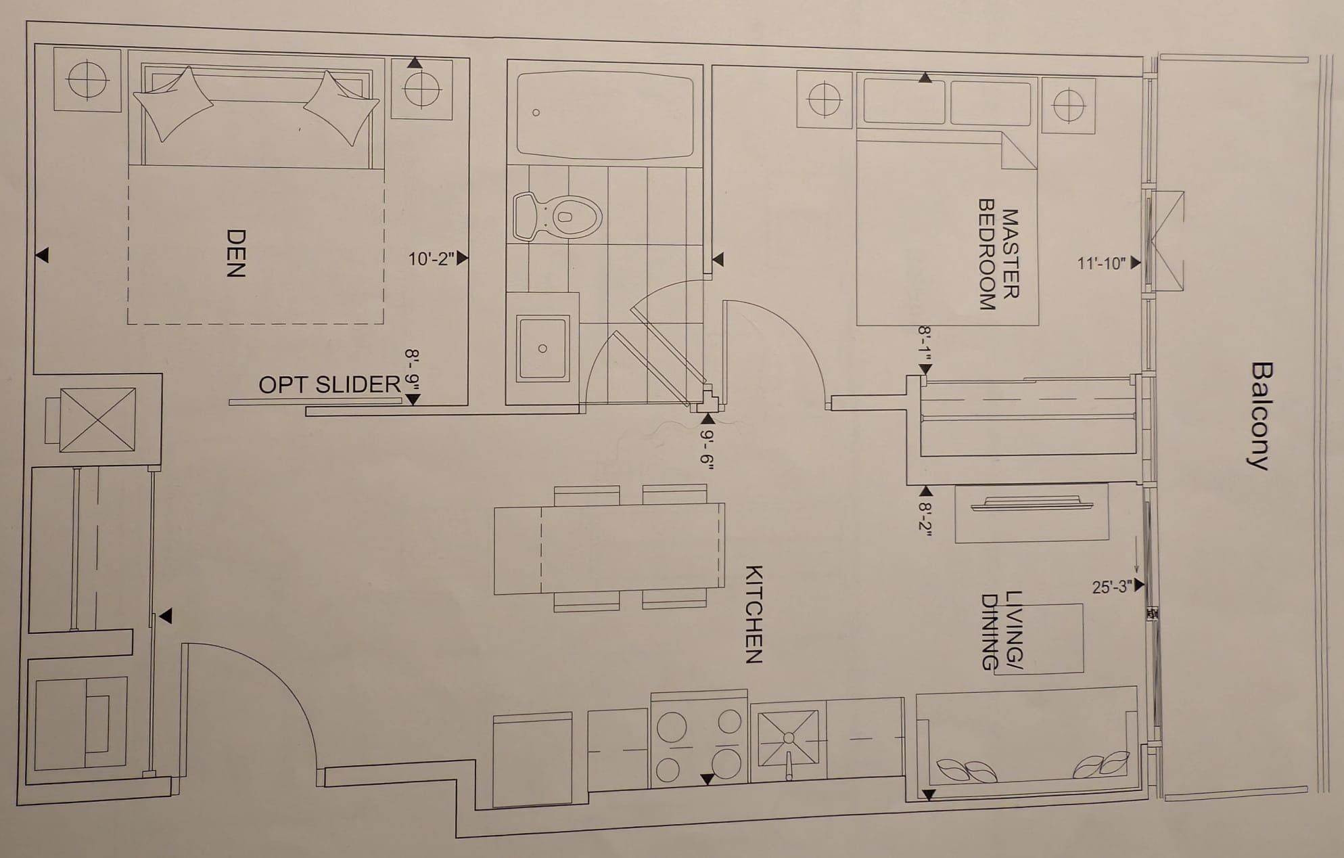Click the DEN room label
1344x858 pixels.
[x=235, y=254]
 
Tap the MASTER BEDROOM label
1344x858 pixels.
[x=999, y=254]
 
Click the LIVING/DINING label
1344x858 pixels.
[x=1002, y=631]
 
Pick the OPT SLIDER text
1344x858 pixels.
[x=330, y=384]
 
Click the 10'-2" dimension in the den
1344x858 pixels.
[x=431, y=258]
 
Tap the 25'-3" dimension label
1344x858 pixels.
[x=1112, y=586]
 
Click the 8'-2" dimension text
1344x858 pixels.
[x=925, y=519]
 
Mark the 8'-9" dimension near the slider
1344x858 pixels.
[x=413, y=369]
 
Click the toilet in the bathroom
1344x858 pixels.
[x=557, y=217]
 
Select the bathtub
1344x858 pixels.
[x=605, y=114]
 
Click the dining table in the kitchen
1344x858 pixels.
[x=609, y=549]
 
